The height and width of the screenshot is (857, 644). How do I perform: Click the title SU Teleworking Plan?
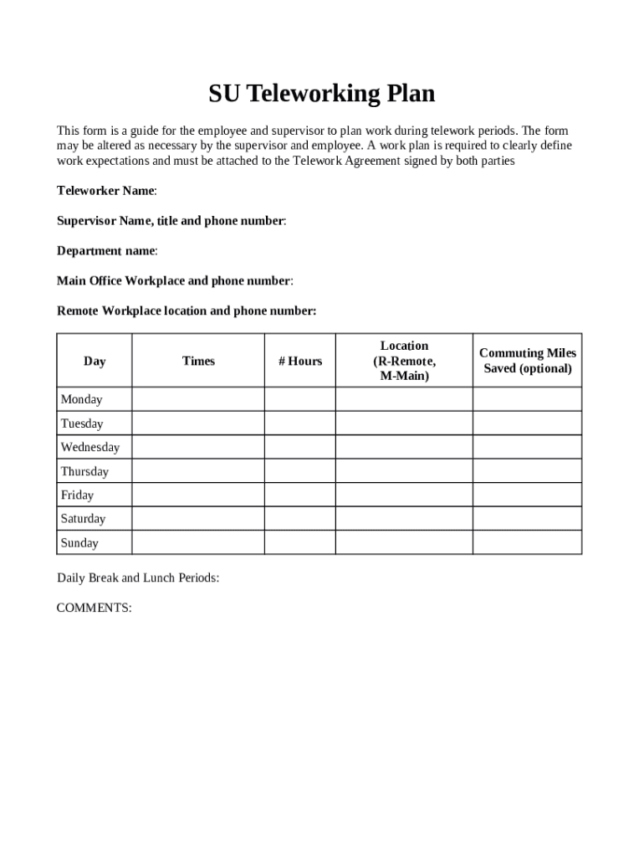click(322, 94)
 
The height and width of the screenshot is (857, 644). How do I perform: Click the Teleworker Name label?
click(106, 191)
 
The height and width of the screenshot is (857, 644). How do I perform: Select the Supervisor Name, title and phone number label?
click(171, 221)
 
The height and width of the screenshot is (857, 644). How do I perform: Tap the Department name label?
click(106, 251)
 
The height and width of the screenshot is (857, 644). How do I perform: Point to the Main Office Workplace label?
click(174, 281)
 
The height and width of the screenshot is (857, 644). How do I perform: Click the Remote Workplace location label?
click(186, 311)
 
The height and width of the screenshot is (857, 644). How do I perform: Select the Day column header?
click(95, 361)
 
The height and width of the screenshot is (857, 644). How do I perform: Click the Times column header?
click(198, 361)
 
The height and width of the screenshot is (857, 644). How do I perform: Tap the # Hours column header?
click(300, 361)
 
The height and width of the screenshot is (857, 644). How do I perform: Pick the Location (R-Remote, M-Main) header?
click(404, 361)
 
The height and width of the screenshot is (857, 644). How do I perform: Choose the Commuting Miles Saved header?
click(527, 361)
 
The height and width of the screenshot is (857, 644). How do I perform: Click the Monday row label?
click(81, 399)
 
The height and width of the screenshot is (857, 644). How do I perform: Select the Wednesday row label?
click(89, 447)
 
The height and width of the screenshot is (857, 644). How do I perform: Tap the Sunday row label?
click(79, 543)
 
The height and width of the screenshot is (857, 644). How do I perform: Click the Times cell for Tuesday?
click(198, 423)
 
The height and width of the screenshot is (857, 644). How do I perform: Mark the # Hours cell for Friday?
click(300, 495)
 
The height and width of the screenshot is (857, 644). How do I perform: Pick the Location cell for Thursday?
click(404, 471)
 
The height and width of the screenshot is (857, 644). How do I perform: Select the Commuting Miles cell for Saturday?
click(527, 519)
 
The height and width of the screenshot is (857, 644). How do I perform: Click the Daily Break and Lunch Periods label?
click(138, 577)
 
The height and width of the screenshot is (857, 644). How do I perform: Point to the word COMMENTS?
click(94, 608)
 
